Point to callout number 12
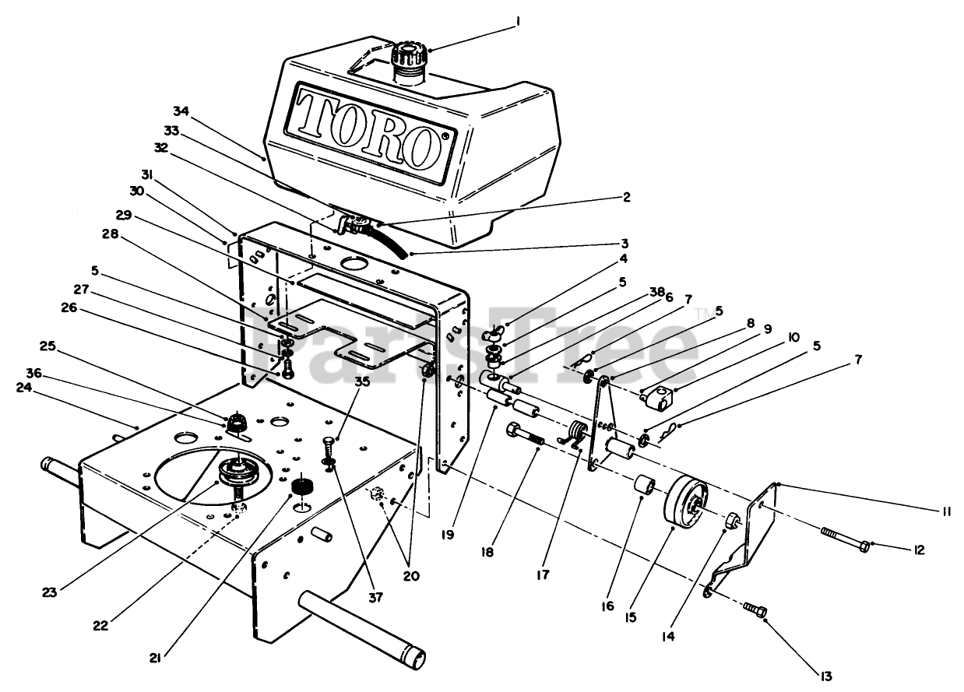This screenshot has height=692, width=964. (x=919, y=550)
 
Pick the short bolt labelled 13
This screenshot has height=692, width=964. (x=755, y=608)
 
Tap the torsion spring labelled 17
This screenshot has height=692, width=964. (x=576, y=434)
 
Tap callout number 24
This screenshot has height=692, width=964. (x=24, y=387)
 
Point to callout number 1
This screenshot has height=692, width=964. (x=516, y=23)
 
